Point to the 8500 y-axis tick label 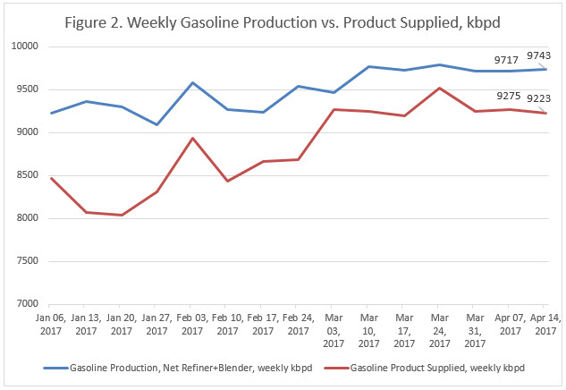click(x=26, y=175)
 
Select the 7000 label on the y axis click(x=26, y=304)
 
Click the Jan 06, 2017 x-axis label click(x=52, y=323)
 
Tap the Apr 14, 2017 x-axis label click(x=545, y=323)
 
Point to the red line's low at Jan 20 click(x=122, y=215)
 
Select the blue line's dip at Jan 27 click(x=157, y=124)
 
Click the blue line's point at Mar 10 click(x=368, y=66)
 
